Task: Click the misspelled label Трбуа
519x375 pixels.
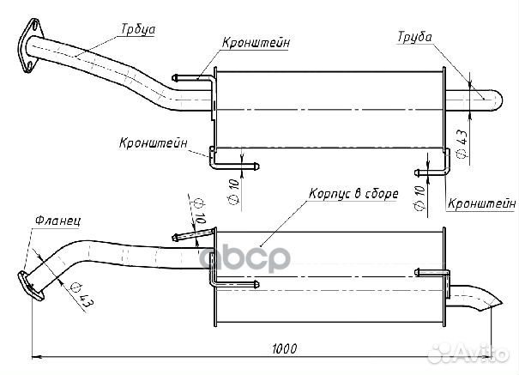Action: coord(138,29)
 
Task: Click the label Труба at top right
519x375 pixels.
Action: coord(415,37)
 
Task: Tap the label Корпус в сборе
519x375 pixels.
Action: coord(353,194)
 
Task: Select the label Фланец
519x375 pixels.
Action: coord(57,220)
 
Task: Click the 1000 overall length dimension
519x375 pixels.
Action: coord(284,348)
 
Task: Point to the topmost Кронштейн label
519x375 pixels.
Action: coord(256,43)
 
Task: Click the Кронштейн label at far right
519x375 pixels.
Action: coord(481,203)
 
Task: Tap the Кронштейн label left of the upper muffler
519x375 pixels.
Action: coord(154,142)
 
